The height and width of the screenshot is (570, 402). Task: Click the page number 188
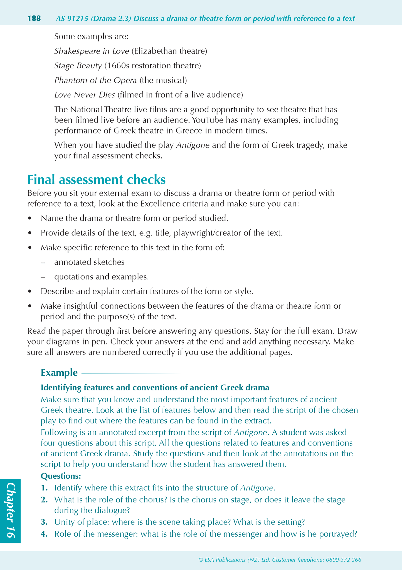(34, 19)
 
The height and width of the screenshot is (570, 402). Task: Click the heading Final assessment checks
(96, 180)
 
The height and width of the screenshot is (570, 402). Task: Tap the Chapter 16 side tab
(10, 510)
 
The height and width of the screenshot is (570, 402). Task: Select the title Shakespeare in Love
(92, 51)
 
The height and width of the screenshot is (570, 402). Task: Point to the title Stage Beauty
(78, 66)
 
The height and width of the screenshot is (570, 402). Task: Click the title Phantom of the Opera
(95, 80)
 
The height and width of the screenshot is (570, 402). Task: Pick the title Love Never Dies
(85, 95)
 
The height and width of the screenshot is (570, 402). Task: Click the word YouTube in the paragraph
(208, 120)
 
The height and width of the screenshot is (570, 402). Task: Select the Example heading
(59, 373)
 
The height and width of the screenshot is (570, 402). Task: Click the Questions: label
(61, 476)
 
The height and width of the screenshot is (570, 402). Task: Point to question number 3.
(44, 522)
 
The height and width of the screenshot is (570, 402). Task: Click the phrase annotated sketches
(89, 262)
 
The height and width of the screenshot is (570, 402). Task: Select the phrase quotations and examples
(102, 277)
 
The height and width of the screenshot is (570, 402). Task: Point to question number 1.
(44, 488)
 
